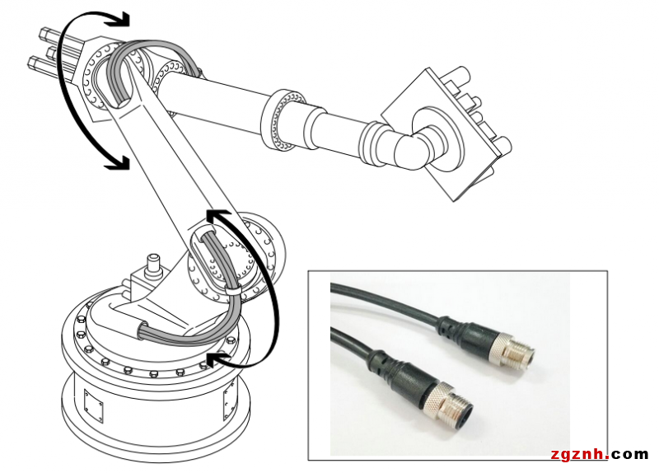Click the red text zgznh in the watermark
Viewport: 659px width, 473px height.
[580, 454]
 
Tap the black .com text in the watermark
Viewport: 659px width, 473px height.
[629, 454]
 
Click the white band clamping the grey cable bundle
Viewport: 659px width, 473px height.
[233, 291]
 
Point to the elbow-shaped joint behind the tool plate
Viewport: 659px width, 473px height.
[414, 149]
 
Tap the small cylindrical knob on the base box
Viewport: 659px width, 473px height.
[153, 265]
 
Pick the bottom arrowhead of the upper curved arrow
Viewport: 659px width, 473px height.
[118, 162]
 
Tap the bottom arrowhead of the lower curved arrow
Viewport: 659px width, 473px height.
[218, 359]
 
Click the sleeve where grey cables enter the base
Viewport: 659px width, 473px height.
[142, 330]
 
